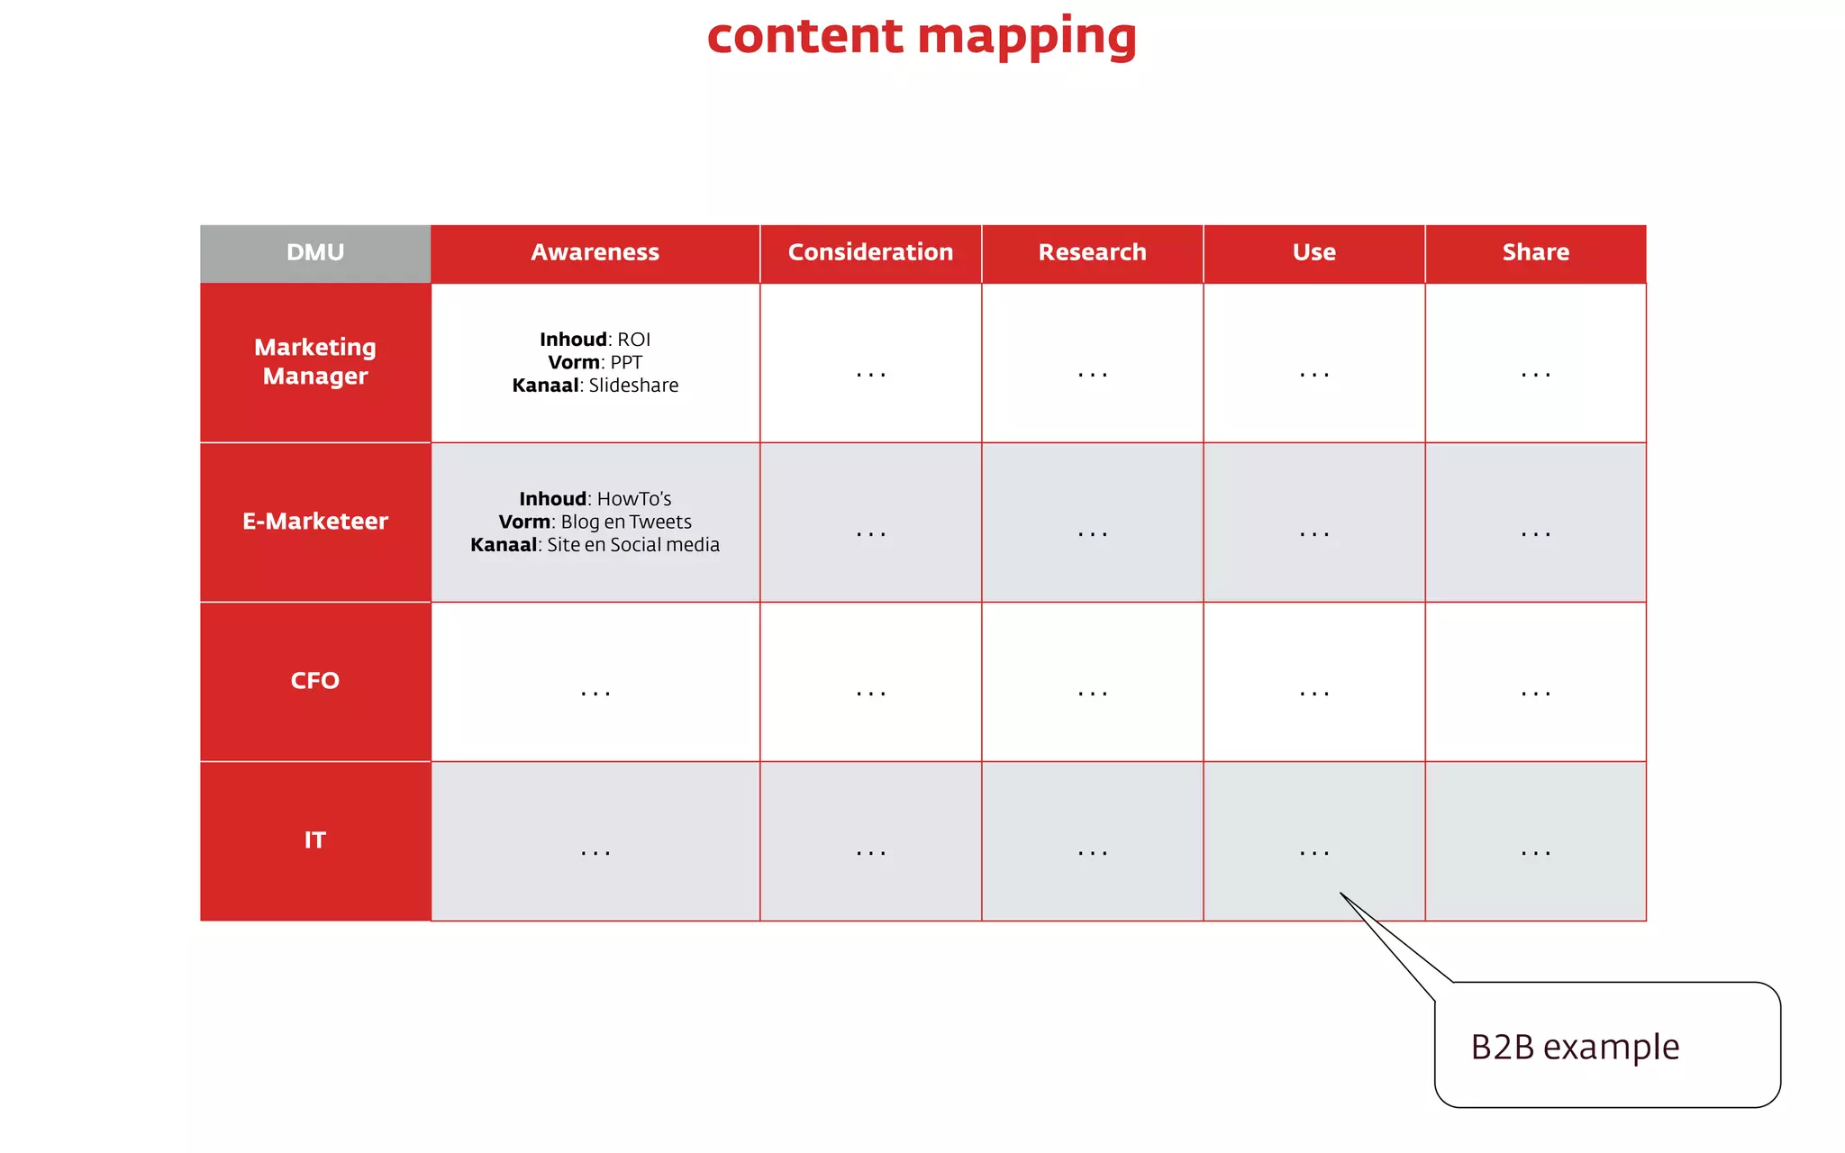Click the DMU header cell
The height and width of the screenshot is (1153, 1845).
tap(315, 253)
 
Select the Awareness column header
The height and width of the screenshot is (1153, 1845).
tap(595, 253)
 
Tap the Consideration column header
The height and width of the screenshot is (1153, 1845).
tap(870, 253)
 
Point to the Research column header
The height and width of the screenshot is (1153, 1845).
tap(1092, 253)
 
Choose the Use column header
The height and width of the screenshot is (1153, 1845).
tap(1313, 253)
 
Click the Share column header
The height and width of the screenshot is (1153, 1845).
tap(1535, 253)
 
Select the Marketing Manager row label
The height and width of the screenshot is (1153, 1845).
tap(315, 361)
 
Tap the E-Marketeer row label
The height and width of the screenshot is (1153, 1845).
tap(315, 522)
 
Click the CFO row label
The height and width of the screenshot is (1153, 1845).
tap(315, 681)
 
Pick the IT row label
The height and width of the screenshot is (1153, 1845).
tap(315, 840)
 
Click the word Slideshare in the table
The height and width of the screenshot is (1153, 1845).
tap(633, 386)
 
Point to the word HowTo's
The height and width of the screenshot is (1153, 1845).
tap(634, 499)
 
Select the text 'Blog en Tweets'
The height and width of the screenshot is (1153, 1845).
tap(626, 522)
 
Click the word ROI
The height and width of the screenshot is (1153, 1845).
tap(633, 340)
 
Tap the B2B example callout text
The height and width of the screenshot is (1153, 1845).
tap(1575, 1048)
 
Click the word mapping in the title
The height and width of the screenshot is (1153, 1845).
tap(1027, 38)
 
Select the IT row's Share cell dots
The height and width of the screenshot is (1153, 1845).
tap(1535, 853)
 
